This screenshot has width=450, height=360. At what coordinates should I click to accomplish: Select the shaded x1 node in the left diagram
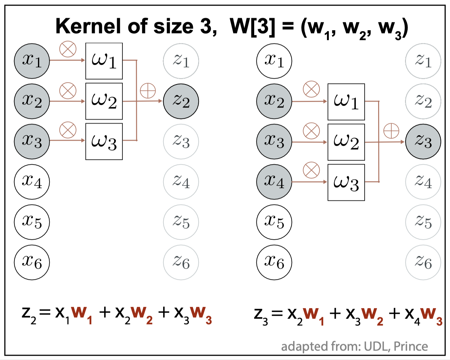(32, 61)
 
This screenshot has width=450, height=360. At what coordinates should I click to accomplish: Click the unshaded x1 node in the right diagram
(274, 61)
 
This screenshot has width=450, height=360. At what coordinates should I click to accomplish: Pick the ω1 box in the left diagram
(104, 61)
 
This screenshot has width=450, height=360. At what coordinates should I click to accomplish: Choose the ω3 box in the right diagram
(346, 182)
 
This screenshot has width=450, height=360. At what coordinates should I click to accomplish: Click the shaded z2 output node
(181, 101)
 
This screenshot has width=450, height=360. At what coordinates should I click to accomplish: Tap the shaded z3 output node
(423, 142)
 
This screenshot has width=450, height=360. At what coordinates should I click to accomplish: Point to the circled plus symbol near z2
(147, 91)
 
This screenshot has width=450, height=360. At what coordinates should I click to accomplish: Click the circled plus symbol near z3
(391, 131)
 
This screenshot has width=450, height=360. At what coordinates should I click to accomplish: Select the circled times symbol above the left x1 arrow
(68, 49)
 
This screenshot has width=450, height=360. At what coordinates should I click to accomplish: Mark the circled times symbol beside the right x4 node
(311, 170)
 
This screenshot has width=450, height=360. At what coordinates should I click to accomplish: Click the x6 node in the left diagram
(32, 262)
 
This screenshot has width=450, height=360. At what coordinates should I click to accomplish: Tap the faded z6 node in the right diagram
(423, 262)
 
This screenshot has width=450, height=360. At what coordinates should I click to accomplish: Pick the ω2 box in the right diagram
(346, 142)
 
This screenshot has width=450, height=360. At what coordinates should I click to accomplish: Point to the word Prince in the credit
(410, 346)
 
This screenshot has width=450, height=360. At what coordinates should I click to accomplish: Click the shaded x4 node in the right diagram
(274, 182)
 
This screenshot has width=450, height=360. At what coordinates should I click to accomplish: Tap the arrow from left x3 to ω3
(67, 140)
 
